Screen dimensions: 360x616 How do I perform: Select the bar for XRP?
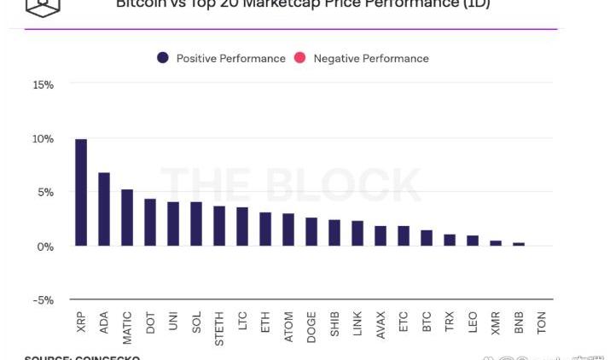81,192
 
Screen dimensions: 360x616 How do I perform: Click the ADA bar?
104,209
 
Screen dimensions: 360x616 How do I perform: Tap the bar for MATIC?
127,218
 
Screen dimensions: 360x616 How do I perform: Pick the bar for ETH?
265,229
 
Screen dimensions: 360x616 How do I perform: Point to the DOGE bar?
311,231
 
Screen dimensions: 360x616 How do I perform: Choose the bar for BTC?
427,238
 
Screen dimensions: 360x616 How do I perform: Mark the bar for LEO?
473,241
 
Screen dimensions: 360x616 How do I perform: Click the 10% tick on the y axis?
43,139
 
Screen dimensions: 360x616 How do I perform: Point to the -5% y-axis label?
43,300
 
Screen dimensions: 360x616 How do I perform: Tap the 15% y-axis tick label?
43,85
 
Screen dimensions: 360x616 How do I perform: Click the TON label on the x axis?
542,322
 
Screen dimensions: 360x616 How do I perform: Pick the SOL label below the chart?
196,322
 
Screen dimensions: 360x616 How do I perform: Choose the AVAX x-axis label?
381,325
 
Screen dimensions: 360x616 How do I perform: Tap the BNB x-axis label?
519,322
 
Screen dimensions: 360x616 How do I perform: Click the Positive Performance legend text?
230,59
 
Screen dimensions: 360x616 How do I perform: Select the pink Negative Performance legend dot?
299,58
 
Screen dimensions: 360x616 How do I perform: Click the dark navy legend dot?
162,58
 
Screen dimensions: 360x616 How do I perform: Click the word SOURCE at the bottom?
47,357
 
